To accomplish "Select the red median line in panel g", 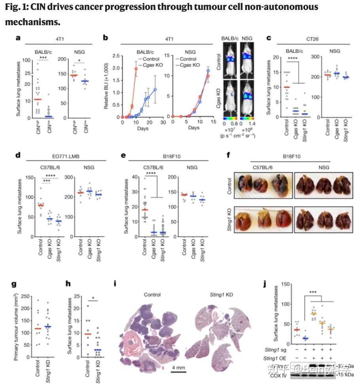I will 38,328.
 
